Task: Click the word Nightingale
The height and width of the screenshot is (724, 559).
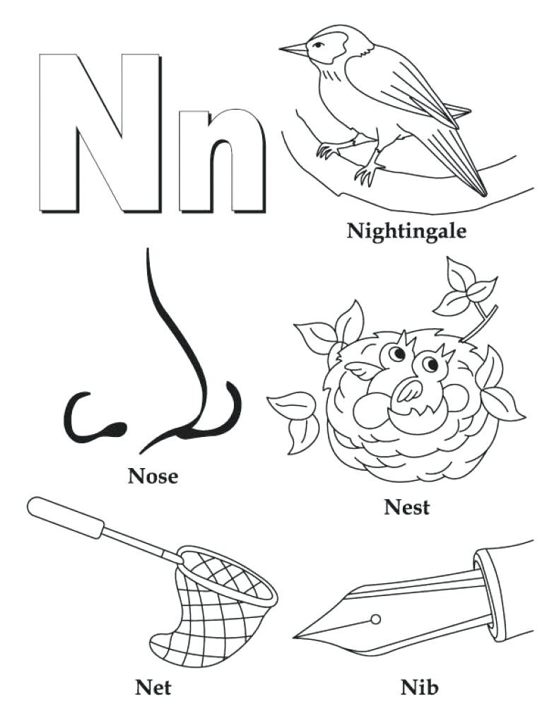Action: coord(406,230)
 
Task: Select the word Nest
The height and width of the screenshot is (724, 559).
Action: coord(406,506)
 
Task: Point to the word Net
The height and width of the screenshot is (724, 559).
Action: coord(153,687)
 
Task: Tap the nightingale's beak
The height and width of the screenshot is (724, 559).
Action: coord(293,49)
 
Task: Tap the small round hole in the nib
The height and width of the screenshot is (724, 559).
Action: coord(375,619)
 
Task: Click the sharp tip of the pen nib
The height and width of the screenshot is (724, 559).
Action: coord(297,636)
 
